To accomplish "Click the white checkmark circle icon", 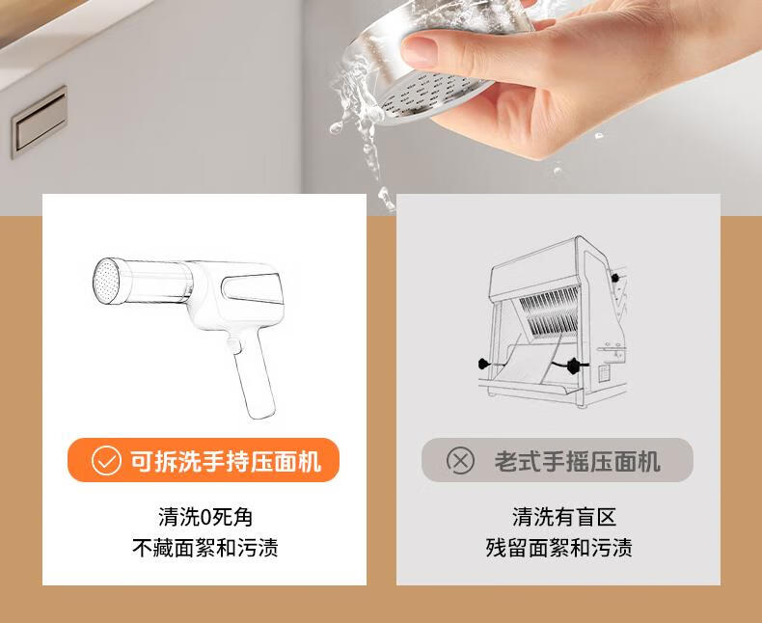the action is [x=106, y=460].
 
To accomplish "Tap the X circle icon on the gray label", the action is [x=460, y=460].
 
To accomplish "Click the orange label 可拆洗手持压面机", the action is [x=204, y=460].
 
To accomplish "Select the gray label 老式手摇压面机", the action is [x=557, y=460].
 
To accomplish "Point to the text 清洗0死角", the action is [x=205, y=517].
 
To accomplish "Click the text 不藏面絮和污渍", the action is [x=205, y=548].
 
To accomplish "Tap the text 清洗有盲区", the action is [x=564, y=517].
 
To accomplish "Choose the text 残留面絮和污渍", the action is [x=558, y=548].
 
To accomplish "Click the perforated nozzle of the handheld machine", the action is [x=106, y=282].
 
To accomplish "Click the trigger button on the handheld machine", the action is [x=233, y=345].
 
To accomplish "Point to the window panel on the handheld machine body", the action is [x=253, y=288].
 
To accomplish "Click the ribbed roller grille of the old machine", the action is [x=550, y=311].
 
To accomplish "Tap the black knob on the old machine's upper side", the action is [x=614, y=278].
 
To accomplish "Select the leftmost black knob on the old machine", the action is [x=483, y=363].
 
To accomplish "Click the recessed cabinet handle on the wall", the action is [x=39, y=122].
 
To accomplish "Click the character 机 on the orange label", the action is [x=310, y=461].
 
